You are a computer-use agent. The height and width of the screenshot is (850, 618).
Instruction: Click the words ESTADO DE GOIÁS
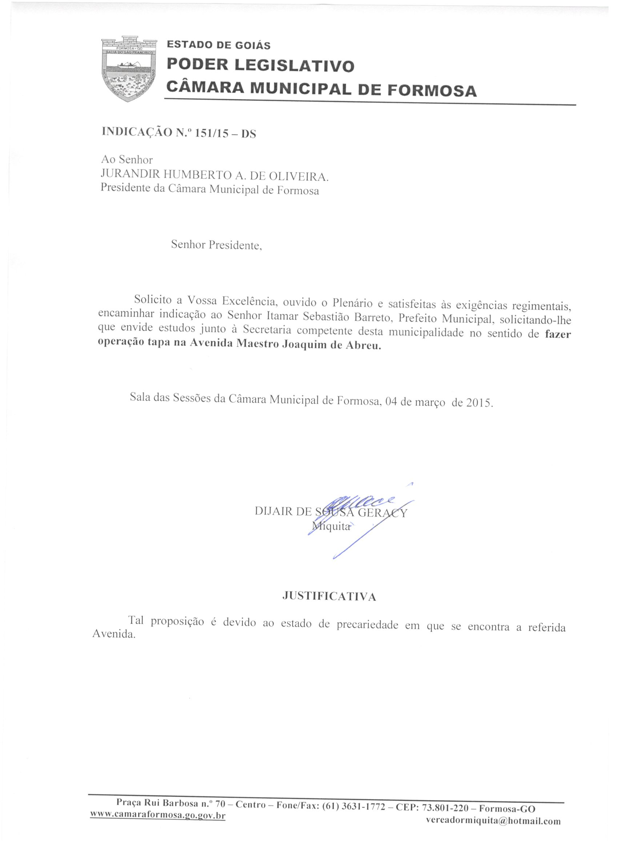218,45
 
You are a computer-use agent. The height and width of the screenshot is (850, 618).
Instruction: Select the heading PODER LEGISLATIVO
260,65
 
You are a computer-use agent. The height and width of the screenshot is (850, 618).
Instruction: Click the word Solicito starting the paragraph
153,300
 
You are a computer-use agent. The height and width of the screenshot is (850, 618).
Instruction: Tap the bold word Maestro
258,344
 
